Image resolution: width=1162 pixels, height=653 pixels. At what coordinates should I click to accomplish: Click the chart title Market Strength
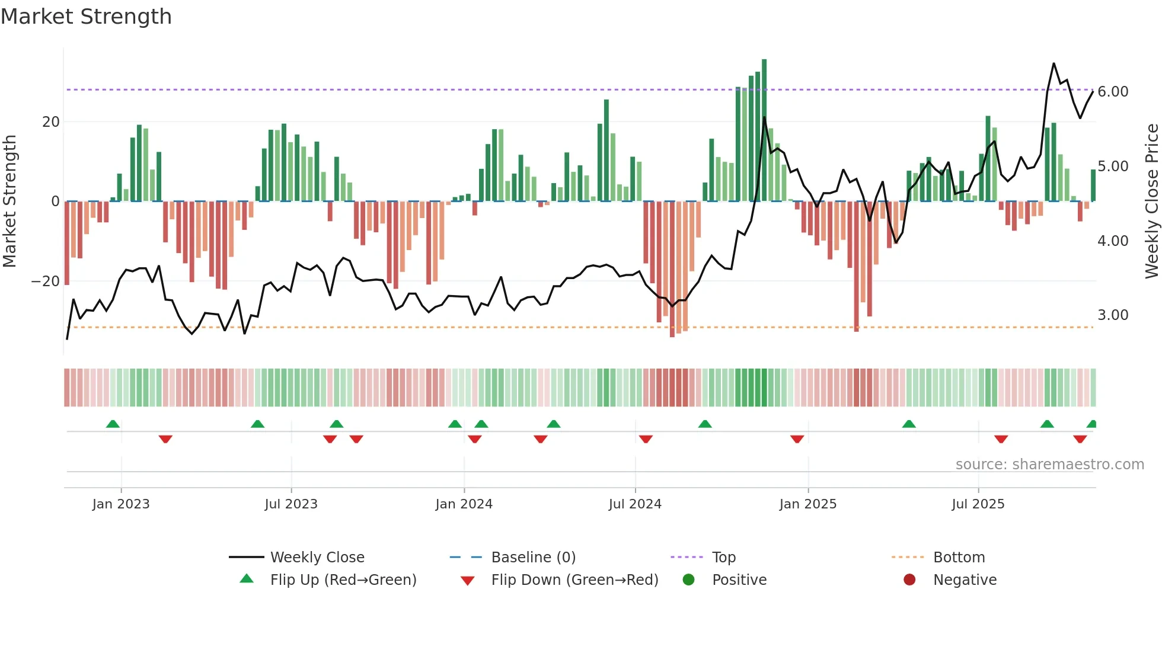tap(86, 17)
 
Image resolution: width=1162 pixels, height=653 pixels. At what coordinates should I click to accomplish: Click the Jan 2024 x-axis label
tap(464, 504)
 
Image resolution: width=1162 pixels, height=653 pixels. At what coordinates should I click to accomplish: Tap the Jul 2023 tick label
tap(291, 504)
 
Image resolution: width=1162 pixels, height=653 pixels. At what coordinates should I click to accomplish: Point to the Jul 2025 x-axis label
tap(978, 504)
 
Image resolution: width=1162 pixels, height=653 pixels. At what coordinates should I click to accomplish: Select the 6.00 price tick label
tap(1113, 92)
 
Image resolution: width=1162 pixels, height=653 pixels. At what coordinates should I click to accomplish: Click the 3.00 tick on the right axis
tap(1113, 315)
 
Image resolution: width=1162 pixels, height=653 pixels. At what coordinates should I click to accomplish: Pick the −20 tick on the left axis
tap(46, 281)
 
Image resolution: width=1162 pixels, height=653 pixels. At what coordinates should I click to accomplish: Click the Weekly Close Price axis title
tap(1151, 201)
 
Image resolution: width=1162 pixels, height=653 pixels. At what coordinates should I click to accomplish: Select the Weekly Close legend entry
tap(317, 558)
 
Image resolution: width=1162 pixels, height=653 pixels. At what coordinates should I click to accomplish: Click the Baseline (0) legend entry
tap(533, 558)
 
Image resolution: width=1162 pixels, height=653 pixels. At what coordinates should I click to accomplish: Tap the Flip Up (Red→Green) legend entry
tap(343, 580)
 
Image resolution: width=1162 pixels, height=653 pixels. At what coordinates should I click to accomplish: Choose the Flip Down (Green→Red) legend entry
tap(574, 580)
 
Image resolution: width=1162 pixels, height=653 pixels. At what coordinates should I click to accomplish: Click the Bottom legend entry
tap(958, 558)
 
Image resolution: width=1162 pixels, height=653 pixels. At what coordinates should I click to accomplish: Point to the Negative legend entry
tap(964, 580)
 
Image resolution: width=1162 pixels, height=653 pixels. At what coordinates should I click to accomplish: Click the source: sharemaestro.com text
tap(1049, 465)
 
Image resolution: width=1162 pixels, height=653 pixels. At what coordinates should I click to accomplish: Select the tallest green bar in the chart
tap(764, 130)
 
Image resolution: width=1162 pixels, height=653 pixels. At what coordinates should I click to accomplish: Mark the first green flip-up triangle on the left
tap(113, 424)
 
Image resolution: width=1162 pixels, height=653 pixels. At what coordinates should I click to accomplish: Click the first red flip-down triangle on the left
tap(165, 439)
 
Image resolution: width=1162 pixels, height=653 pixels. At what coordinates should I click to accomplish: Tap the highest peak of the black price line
tap(1054, 63)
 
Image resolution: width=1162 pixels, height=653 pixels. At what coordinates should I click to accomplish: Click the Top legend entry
tap(723, 558)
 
